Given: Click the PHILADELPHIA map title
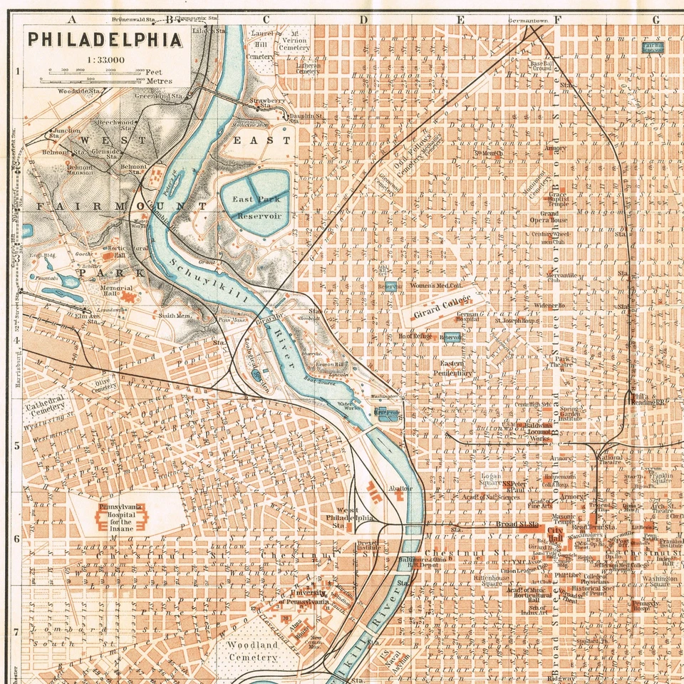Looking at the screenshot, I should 105,39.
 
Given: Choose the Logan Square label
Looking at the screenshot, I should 490,478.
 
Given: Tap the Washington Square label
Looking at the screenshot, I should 659,583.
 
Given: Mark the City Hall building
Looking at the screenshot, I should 555,532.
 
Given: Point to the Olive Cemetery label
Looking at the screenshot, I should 104,385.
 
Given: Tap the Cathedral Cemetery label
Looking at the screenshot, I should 46,403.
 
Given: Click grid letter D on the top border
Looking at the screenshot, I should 363,19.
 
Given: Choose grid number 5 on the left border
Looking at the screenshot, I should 16,446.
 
